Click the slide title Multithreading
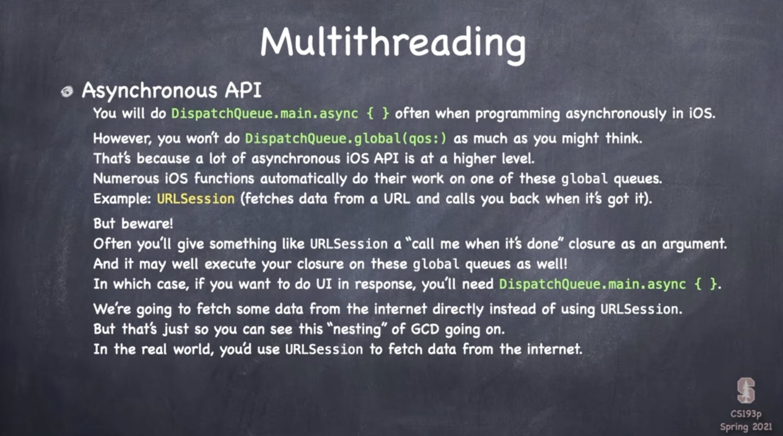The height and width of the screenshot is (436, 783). (393, 44)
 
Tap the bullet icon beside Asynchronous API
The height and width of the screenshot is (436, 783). (67, 91)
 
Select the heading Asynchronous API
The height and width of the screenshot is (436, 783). (171, 90)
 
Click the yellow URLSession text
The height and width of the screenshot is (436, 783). (196, 199)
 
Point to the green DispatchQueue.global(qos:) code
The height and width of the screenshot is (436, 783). (346, 139)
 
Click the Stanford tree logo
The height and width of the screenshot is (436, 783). (746, 390)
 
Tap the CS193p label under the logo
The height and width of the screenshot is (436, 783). (746, 414)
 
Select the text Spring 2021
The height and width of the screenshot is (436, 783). (746, 427)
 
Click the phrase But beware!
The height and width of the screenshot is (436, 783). (133, 223)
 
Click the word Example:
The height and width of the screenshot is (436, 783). (122, 199)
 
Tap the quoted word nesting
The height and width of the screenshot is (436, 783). (357, 329)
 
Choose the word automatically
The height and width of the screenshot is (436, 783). (303, 179)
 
